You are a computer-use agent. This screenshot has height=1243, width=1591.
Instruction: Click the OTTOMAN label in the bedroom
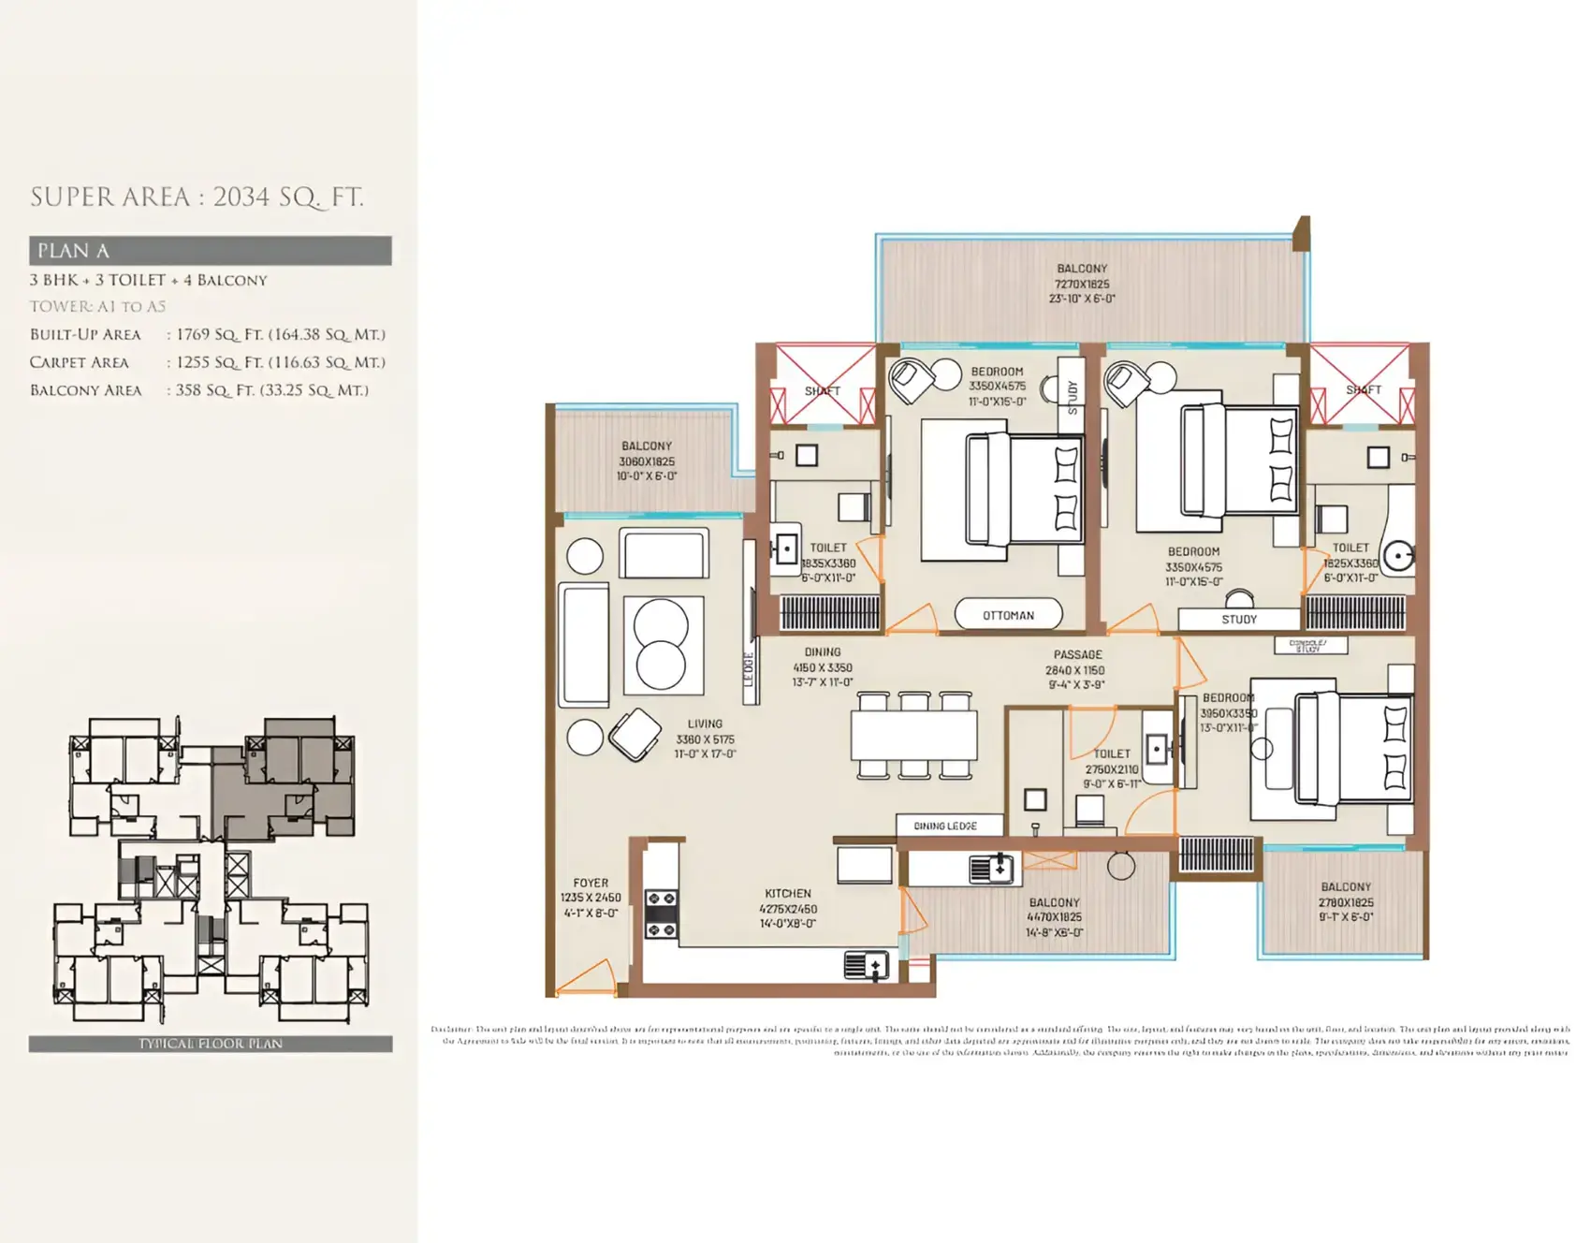[1008, 615]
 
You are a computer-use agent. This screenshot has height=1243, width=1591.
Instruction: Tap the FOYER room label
[591, 883]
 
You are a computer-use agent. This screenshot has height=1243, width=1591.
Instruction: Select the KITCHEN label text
[787, 893]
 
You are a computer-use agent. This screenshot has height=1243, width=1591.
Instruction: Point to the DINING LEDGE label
[945, 826]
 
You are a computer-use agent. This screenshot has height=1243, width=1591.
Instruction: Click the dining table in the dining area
[913, 736]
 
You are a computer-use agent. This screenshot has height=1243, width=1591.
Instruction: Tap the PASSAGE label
[1076, 654]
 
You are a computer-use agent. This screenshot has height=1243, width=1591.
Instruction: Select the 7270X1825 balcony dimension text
[1082, 284]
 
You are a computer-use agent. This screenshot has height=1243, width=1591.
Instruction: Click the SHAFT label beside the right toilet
[1363, 389]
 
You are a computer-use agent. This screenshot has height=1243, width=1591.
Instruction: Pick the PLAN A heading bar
[210, 251]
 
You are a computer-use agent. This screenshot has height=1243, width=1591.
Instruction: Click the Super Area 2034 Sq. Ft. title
[197, 197]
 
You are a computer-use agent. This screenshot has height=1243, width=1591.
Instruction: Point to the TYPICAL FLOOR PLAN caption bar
[210, 1044]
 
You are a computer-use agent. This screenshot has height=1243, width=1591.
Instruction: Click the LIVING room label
[705, 724]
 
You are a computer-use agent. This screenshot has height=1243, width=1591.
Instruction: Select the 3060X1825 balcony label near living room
[646, 461]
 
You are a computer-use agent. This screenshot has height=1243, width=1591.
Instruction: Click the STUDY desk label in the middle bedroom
[1238, 619]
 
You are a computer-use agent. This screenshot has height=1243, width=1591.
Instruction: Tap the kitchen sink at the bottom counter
[867, 964]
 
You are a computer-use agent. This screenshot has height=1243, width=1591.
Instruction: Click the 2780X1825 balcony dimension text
[1346, 902]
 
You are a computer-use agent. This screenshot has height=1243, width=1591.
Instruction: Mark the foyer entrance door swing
[585, 978]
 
